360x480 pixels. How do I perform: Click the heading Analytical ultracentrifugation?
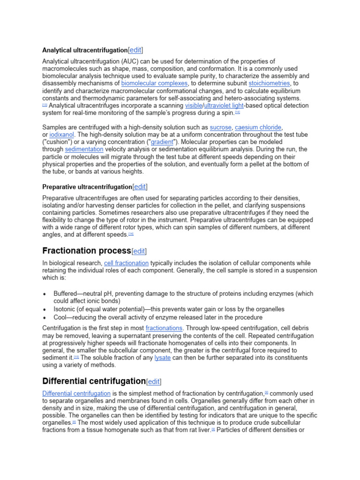tap(85, 50)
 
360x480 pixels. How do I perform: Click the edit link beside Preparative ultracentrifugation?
tap(140, 187)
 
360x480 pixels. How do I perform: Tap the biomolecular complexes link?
tap(154, 83)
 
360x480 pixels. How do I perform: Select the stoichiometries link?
tap(269, 83)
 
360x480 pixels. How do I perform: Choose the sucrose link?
tap(220, 127)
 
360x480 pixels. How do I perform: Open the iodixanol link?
tap(61, 135)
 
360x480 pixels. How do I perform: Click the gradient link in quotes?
tap(162, 142)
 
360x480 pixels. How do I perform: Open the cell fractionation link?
tap(126, 263)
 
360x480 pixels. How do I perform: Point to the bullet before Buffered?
tap(45, 294)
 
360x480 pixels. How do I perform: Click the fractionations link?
tap(165, 328)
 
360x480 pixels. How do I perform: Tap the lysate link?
tap(162, 358)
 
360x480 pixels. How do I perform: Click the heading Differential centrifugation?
tap(94, 381)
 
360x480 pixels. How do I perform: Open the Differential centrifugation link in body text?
tap(76, 393)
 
